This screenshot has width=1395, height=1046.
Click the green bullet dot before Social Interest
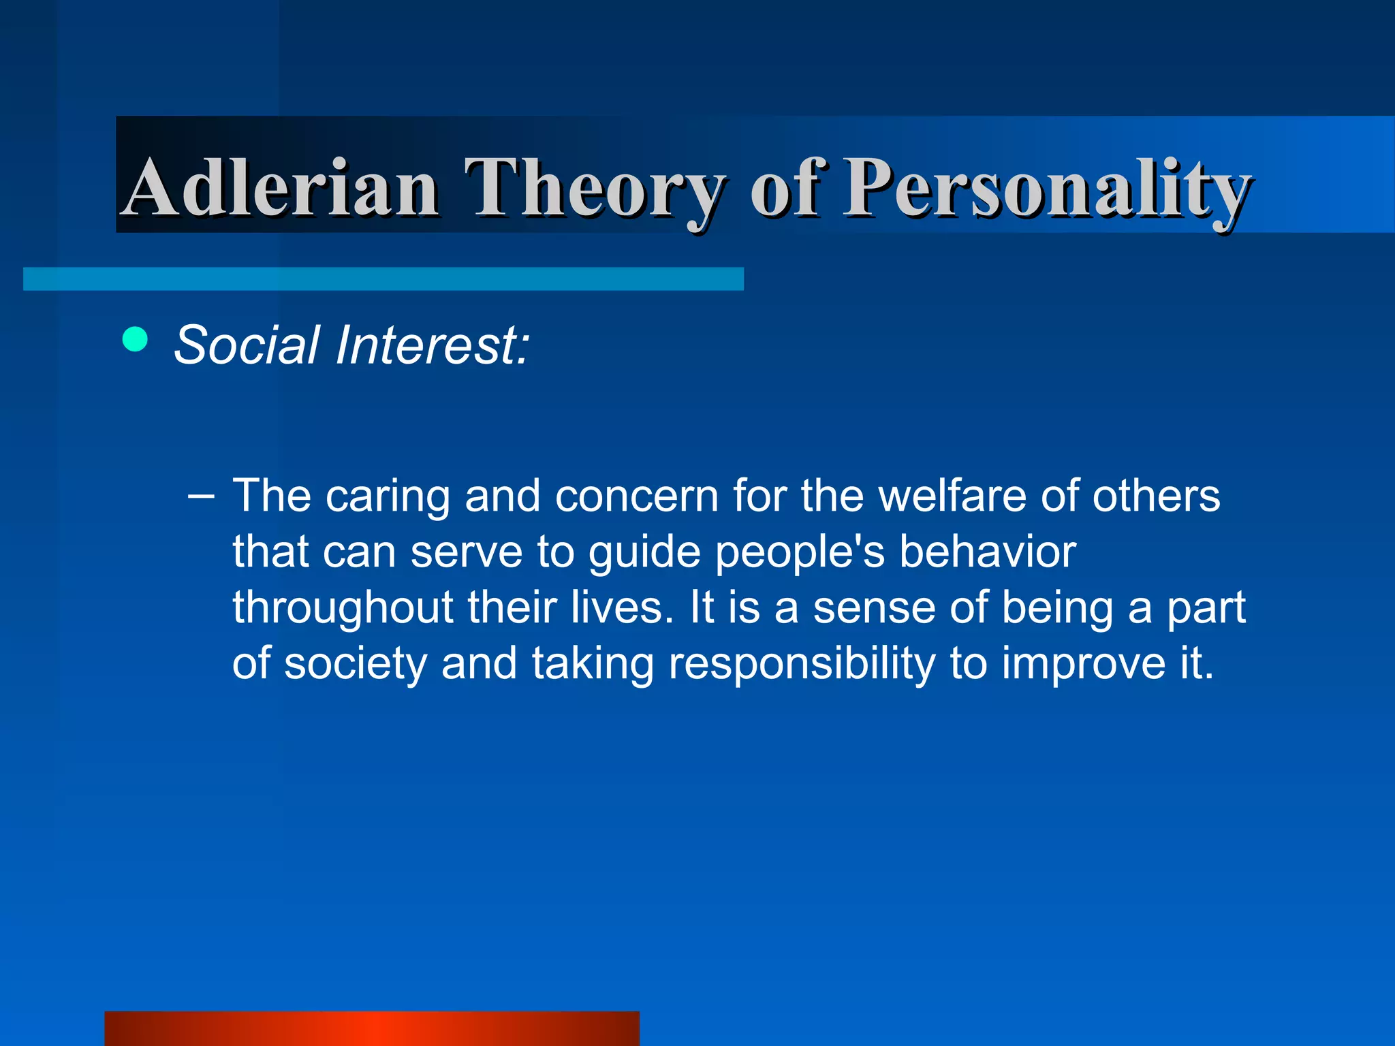pyautogui.click(x=135, y=339)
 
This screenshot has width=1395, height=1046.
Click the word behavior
pyautogui.click(x=987, y=552)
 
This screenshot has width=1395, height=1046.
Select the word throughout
pyautogui.click(x=343, y=608)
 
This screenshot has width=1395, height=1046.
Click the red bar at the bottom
pyautogui.click(x=371, y=1028)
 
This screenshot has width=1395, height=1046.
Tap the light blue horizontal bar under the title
pyautogui.click(x=383, y=279)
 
